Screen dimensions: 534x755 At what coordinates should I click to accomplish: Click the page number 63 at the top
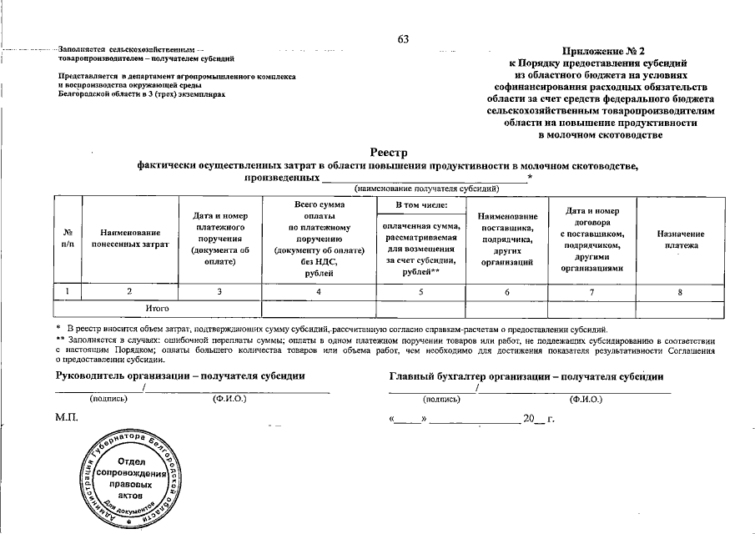click(404, 39)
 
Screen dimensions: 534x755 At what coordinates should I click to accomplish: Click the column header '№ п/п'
click(68, 238)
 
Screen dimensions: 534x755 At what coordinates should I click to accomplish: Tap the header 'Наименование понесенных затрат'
click(130, 238)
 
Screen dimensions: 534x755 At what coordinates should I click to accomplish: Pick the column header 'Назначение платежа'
click(680, 239)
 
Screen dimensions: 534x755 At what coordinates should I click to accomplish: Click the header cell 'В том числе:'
click(421, 204)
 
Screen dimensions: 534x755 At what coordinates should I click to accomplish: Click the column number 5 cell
click(421, 291)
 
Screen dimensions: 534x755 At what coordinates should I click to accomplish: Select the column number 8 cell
click(680, 291)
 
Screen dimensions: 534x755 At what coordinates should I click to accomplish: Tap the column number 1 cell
click(68, 291)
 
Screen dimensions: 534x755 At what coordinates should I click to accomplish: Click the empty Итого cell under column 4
click(320, 308)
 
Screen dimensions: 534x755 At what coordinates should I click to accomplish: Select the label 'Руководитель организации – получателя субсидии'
click(179, 375)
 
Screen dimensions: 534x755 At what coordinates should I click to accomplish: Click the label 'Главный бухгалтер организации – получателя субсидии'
click(526, 375)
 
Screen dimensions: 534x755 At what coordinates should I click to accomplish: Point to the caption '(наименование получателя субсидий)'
click(426, 189)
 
